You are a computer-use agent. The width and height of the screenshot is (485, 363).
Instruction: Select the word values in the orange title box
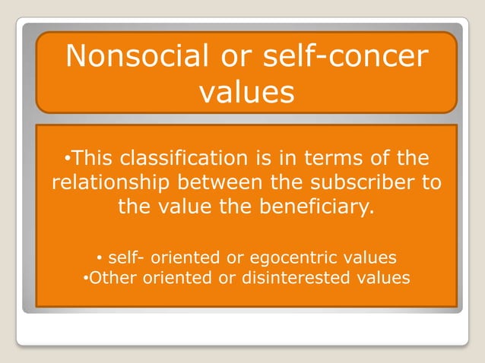246,92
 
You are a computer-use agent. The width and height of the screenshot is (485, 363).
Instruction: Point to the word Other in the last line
111,277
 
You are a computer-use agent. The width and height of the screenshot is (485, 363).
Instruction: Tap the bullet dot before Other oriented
85,277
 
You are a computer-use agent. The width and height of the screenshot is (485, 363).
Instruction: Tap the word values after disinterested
384,277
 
